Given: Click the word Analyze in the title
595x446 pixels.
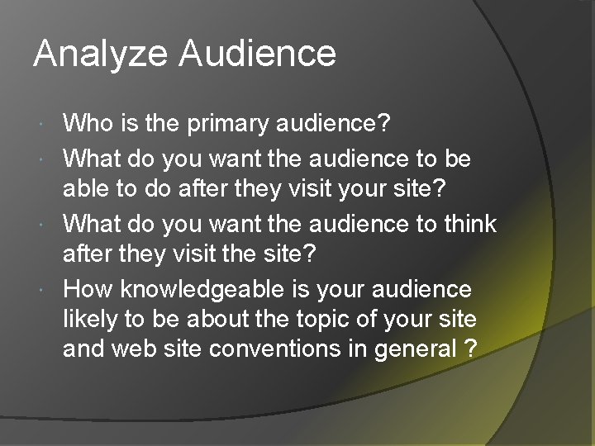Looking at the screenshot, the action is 101,55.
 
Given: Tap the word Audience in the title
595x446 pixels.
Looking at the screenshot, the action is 258,53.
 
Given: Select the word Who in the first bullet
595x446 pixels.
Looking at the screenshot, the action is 88,122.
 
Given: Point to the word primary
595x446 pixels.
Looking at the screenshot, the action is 228,125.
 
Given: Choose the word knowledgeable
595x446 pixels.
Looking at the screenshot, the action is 202,290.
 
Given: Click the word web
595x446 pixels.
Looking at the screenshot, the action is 134,348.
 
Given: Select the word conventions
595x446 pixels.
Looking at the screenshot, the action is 275,348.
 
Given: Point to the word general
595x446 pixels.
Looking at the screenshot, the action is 415,349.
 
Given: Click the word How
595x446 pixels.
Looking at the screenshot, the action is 88,288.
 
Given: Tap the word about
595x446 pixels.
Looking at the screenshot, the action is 218,318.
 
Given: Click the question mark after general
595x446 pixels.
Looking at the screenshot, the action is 470,348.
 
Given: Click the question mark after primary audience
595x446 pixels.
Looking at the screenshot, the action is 384,122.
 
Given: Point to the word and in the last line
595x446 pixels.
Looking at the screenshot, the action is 83,348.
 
